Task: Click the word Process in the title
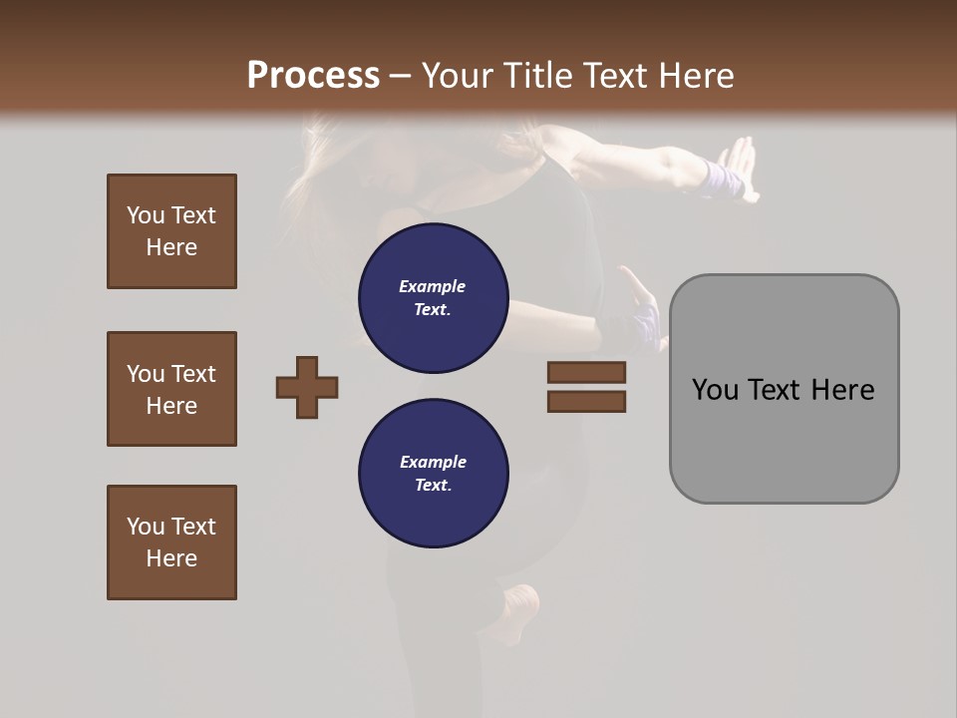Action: pos(313,76)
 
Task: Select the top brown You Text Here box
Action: pos(171,231)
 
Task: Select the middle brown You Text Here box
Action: pos(171,389)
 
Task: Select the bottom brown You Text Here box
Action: pos(171,542)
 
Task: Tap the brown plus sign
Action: pos(307,387)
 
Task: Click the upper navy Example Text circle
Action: pos(434,298)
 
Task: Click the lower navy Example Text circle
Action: pos(434,474)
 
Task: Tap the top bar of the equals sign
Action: pos(586,373)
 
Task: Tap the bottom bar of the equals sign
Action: pos(586,402)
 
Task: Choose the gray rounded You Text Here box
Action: pos(784,389)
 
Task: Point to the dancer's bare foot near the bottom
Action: pos(520,602)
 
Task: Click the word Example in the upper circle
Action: pos(433,287)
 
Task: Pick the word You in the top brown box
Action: pos(145,215)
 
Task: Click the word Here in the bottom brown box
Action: pos(171,558)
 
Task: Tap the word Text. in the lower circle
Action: pos(433,486)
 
